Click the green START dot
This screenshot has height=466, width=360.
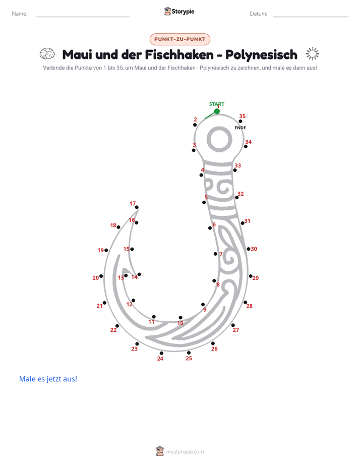point(217,111)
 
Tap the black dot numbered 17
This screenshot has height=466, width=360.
point(137,207)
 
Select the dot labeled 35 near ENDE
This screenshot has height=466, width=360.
point(241,121)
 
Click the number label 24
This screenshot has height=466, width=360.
point(160,359)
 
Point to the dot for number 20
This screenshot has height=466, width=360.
point(101,276)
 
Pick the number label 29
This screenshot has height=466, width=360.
point(256,278)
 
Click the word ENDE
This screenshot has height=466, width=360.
point(241,128)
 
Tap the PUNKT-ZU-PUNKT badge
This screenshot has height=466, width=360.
point(180,39)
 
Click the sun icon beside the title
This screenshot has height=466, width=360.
point(313,54)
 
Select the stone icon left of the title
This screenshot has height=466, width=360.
point(47,54)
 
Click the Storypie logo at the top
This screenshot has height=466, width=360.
point(179,11)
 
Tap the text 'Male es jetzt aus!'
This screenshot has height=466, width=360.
point(48,379)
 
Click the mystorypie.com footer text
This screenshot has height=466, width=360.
point(185,452)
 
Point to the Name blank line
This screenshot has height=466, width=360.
point(83,17)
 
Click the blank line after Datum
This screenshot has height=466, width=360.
point(311,17)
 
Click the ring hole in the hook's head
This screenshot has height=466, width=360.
point(219,139)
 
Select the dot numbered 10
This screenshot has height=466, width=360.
point(181,318)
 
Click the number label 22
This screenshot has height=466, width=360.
point(113,330)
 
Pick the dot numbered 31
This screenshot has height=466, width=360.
point(243,223)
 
